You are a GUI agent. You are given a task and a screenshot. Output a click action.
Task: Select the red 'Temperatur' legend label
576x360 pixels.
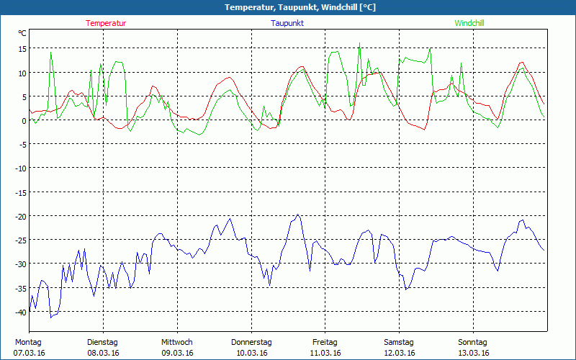(106, 23)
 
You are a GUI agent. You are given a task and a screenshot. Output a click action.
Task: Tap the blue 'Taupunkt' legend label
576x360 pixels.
(287, 23)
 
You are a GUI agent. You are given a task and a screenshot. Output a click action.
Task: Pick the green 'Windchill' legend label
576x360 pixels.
(469, 23)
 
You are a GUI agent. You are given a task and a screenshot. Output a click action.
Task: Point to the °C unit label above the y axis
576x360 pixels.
(22, 33)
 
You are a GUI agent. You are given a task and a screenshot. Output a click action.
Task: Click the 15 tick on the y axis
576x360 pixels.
(22, 49)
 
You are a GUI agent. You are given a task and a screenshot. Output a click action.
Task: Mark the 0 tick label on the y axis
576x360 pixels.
(24, 120)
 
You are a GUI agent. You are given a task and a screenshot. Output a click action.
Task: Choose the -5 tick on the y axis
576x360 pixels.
(23, 144)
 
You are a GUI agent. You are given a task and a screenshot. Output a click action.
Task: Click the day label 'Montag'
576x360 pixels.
(28, 342)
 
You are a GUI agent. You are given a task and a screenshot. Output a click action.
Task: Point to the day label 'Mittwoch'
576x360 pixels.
(177, 342)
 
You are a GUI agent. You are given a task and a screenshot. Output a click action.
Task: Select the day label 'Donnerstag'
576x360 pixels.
(251, 342)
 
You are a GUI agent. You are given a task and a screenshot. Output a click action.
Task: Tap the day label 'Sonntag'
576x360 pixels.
(473, 342)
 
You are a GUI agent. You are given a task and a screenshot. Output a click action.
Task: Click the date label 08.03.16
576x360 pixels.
(103, 353)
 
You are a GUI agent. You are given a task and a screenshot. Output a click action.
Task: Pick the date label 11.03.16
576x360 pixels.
(325, 353)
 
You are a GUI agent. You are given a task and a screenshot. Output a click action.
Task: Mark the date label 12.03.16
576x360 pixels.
(400, 353)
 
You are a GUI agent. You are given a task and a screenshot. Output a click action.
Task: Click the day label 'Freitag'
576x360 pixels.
(325, 342)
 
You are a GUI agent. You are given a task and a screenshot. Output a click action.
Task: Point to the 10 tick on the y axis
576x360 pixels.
(22, 73)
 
